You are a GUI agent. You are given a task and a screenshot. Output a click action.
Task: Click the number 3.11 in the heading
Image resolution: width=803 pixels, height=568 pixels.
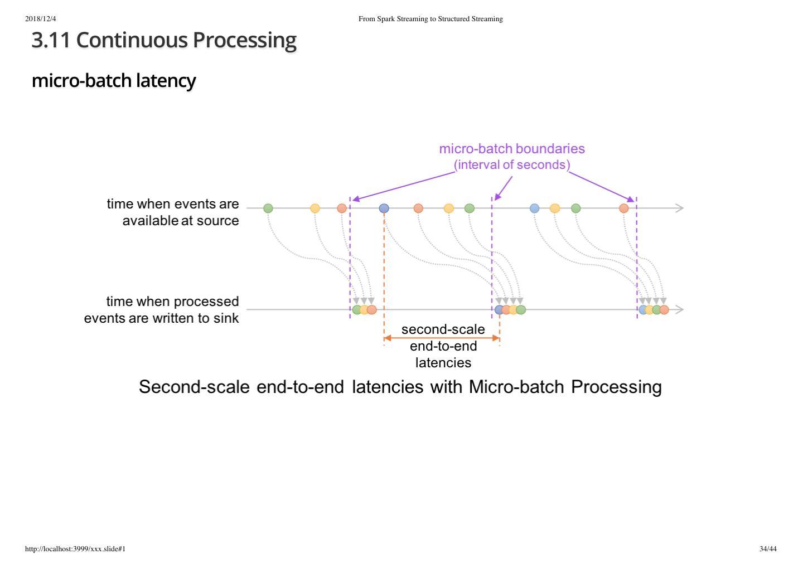click(51, 40)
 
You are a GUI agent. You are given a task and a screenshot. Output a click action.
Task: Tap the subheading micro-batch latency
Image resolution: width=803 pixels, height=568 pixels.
click(113, 80)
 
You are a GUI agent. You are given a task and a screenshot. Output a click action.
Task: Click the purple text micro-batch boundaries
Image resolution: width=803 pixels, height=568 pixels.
click(511, 149)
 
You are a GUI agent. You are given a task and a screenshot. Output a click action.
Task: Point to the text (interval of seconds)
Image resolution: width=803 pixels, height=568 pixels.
click(511, 165)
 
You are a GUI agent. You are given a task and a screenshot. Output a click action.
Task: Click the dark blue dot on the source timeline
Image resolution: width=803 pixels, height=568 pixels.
click(384, 208)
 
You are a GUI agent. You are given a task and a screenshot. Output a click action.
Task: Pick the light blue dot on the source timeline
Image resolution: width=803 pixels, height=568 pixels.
click(534, 208)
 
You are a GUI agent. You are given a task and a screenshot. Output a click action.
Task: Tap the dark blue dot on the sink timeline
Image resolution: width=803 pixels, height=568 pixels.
click(499, 310)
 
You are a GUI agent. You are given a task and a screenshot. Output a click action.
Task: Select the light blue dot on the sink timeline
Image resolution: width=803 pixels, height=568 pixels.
click(643, 310)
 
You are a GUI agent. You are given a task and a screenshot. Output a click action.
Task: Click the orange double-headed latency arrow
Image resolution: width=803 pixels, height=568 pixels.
click(442, 338)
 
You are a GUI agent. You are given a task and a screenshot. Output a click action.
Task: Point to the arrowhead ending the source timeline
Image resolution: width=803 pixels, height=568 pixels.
click(679, 208)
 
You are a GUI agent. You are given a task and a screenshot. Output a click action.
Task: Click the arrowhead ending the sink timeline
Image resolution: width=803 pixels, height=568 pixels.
click(679, 309)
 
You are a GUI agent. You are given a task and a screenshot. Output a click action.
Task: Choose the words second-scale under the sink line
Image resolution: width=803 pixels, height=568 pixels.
click(443, 329)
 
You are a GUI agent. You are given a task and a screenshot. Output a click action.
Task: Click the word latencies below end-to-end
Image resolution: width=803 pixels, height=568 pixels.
click(443, 363)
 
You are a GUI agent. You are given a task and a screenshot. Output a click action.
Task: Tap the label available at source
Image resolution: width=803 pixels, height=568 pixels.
click(180, 221)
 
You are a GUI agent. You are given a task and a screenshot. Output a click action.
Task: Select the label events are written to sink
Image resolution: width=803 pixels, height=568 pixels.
click(161, 318)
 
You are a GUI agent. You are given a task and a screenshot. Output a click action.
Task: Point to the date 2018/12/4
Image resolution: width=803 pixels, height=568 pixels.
click(41, 19)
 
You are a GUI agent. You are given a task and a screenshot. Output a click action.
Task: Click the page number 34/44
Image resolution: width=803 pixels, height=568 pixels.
click(767, 549)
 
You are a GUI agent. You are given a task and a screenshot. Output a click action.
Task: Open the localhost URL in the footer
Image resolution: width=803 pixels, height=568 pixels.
click(75, 549)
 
